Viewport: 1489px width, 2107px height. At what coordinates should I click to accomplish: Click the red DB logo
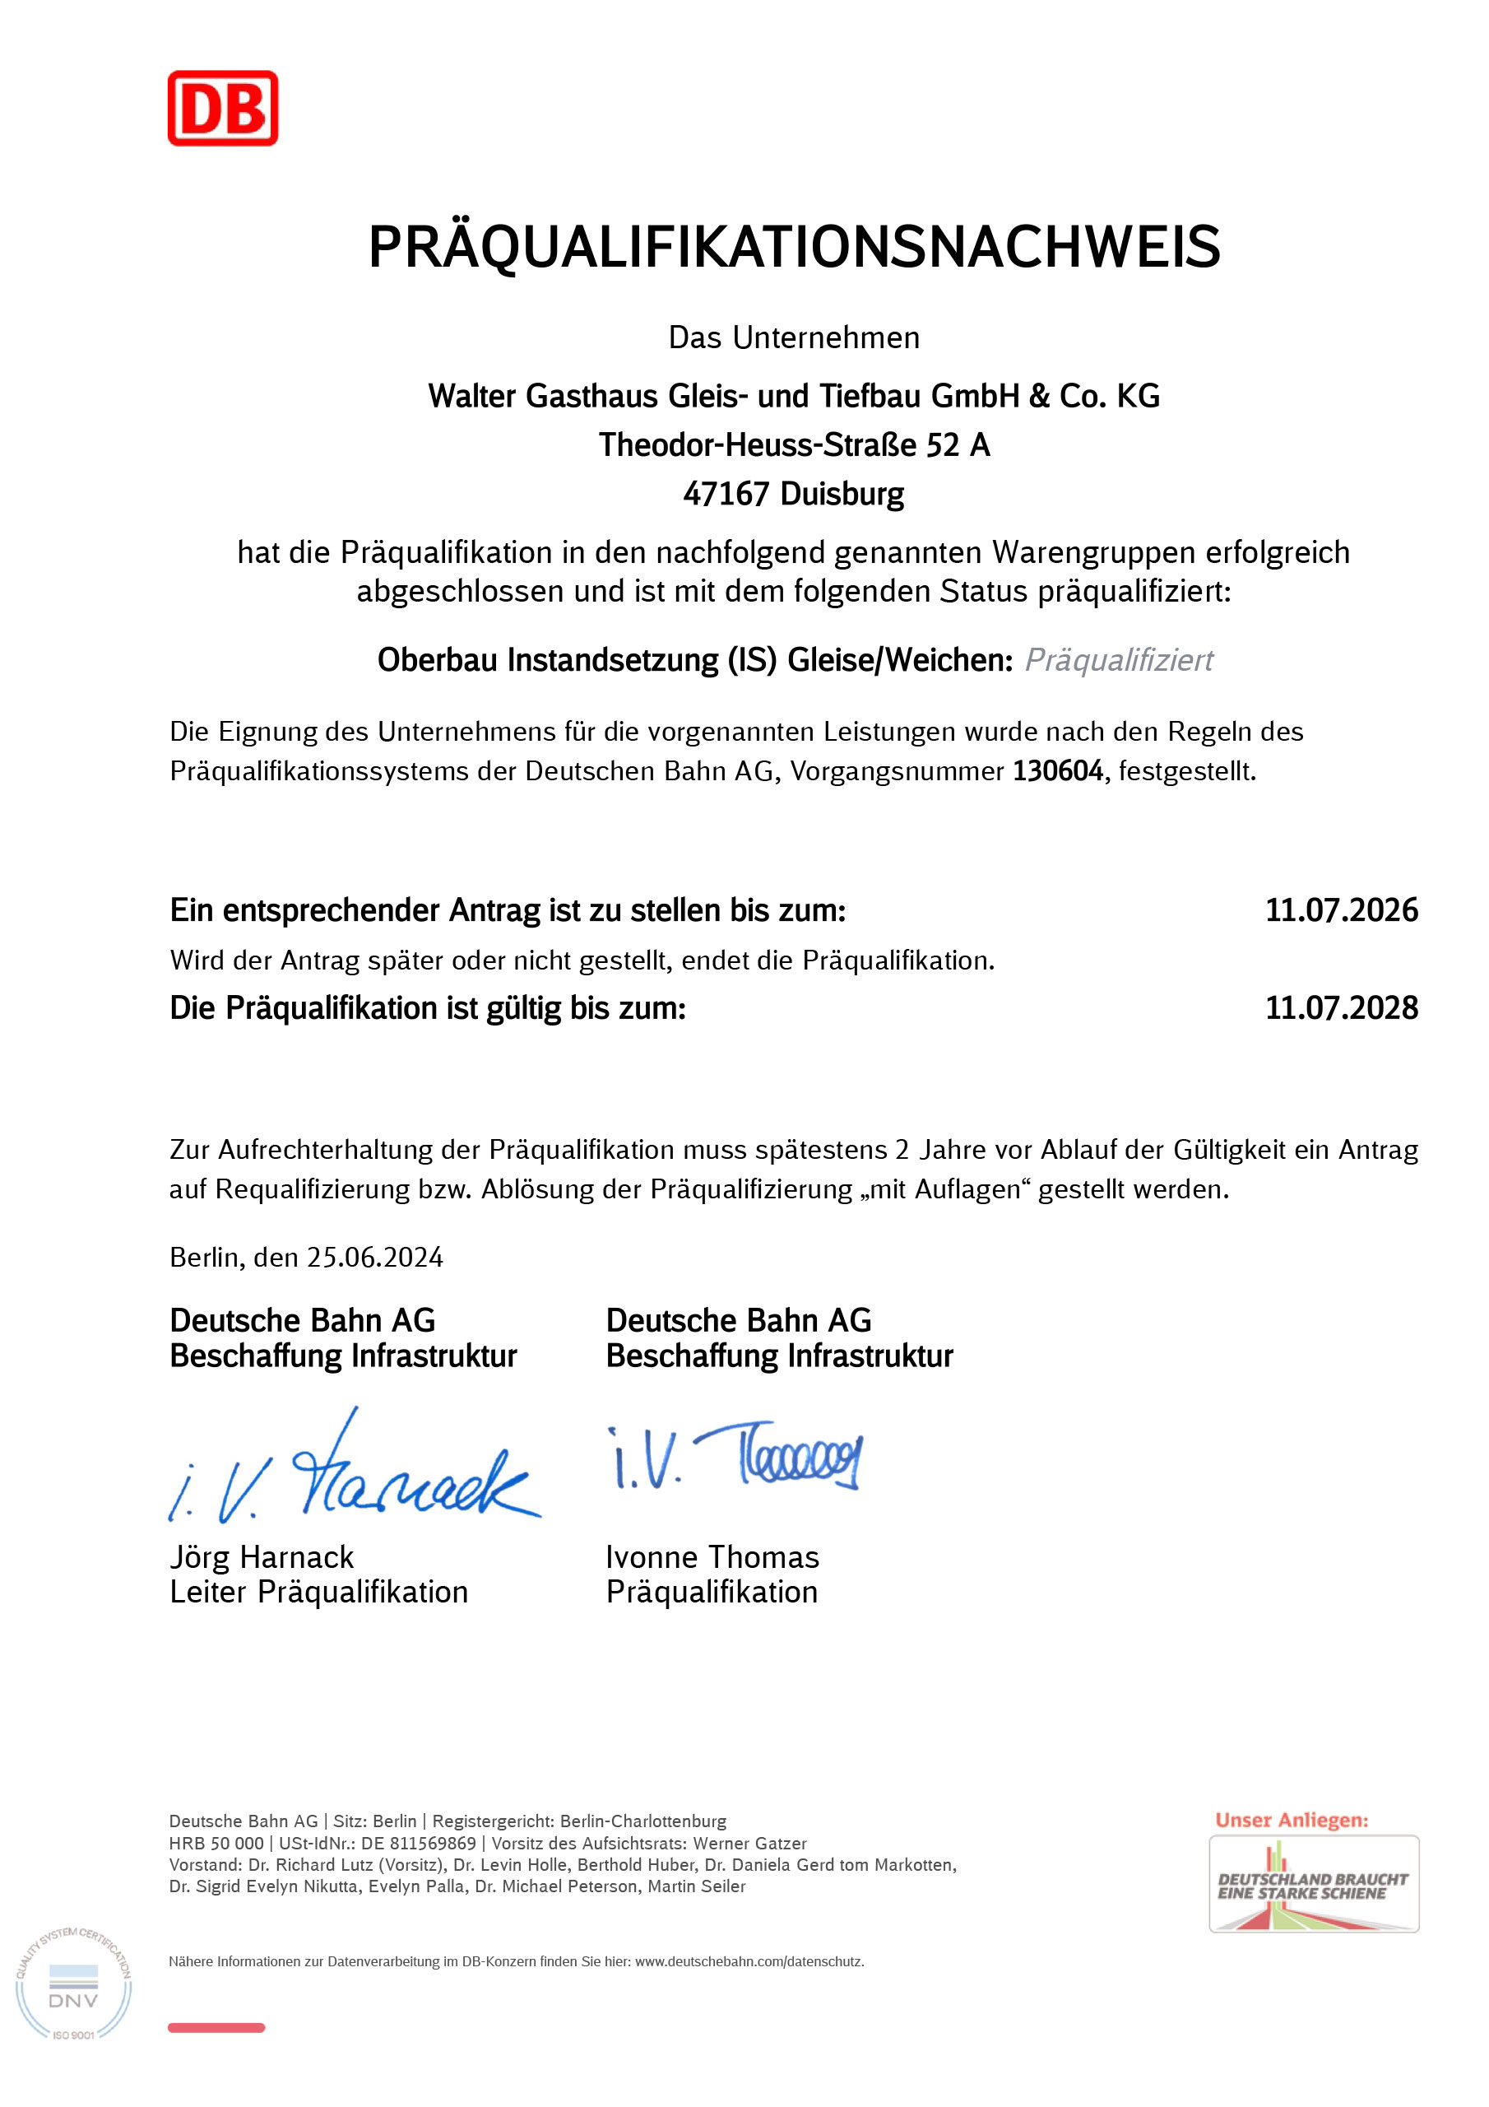tap(222, 109)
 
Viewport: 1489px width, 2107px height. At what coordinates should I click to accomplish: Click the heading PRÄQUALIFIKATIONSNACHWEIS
tap(794, 247)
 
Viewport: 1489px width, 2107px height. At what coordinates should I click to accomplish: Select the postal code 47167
tap(726, 495)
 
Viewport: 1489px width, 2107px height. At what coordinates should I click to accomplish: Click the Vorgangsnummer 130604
tap(1057, 771)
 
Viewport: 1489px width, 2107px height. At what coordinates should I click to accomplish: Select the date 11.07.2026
tap(1340, 910)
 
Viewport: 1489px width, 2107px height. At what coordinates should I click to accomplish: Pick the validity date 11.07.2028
tap(1340, 1007)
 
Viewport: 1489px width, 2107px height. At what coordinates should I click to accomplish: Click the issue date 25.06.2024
tap(375, 1258)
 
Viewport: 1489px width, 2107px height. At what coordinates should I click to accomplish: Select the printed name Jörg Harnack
tap(262, 1557)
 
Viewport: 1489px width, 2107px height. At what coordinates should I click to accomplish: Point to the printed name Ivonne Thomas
tap(712, 1557)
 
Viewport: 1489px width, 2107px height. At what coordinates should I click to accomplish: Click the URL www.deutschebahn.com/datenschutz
tap(749, 1962)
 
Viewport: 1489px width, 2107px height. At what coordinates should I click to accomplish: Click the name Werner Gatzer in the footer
tap(749, 1844)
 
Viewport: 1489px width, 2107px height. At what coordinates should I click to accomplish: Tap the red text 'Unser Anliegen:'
tap(1291, 1820)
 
